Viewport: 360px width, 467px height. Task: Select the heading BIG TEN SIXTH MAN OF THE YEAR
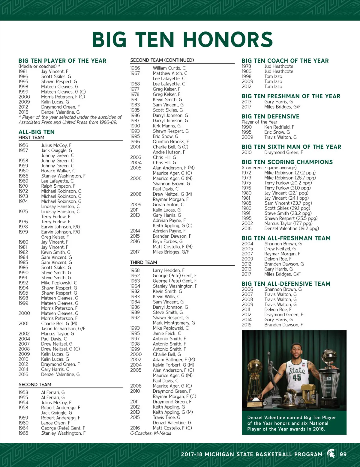(291, 147)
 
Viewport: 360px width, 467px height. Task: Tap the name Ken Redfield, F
(279, 127)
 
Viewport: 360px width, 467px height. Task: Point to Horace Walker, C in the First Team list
(58, 171)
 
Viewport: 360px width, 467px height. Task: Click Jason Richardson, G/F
(63, 329)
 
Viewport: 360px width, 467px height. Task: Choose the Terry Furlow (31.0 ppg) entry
(287, 188)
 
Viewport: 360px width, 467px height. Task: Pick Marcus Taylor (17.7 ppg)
(288, 223)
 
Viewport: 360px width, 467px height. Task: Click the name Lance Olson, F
(55, 423)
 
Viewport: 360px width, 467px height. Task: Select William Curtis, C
(169, 68)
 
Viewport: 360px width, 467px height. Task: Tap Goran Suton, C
(168, 204)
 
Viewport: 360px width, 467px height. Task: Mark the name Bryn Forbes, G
(167, 241)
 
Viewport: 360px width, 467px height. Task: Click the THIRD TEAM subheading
(143, 262)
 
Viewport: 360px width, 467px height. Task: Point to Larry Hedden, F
(169, 270)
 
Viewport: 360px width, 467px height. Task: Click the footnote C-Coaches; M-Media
(151, 433)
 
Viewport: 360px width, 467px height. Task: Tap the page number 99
(343, 454)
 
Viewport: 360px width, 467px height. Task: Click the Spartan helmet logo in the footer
(331, 454)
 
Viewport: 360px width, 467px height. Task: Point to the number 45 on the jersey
(297, 377)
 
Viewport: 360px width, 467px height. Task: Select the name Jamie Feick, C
(167, 333)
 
